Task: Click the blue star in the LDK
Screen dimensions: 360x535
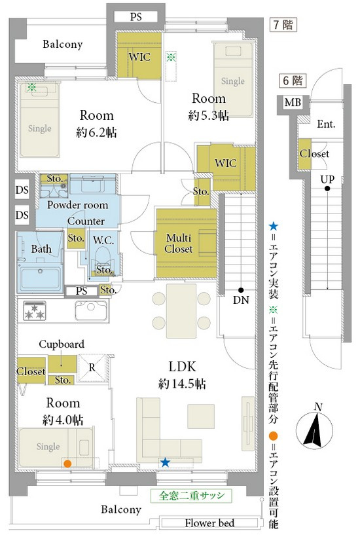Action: click(x=166, y=462)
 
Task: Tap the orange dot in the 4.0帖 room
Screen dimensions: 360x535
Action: click(x=67, y=464)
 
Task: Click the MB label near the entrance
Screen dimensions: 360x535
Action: click(x=293, y=102)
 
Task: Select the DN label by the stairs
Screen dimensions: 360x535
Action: click(x=241, y=300)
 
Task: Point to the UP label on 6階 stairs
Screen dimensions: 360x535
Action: click(x=327, y=179)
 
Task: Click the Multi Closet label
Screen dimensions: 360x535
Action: click(x=179, y=244)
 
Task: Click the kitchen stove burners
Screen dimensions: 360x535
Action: click(x=34, y=310)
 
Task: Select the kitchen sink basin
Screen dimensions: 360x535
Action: click(x=91, y=310)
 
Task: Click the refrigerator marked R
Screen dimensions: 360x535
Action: click(x=92, y=368)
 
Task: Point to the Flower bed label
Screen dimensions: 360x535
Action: click(x=209, y=523)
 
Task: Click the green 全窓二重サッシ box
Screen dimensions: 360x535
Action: click(x=191, y=496)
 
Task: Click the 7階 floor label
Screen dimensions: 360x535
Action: click(x=283, y=25)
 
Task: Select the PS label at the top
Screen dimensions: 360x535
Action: click(x=135, y=17)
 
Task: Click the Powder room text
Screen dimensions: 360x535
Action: click(x=78, y=205)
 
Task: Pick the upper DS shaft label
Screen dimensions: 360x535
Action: click(x=22, y=190)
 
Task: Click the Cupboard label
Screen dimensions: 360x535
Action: click(x=62, y=344)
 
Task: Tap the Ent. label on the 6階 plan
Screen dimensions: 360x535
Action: click(x=326, y=124)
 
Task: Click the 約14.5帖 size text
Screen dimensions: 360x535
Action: click(x=182, y=384)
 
